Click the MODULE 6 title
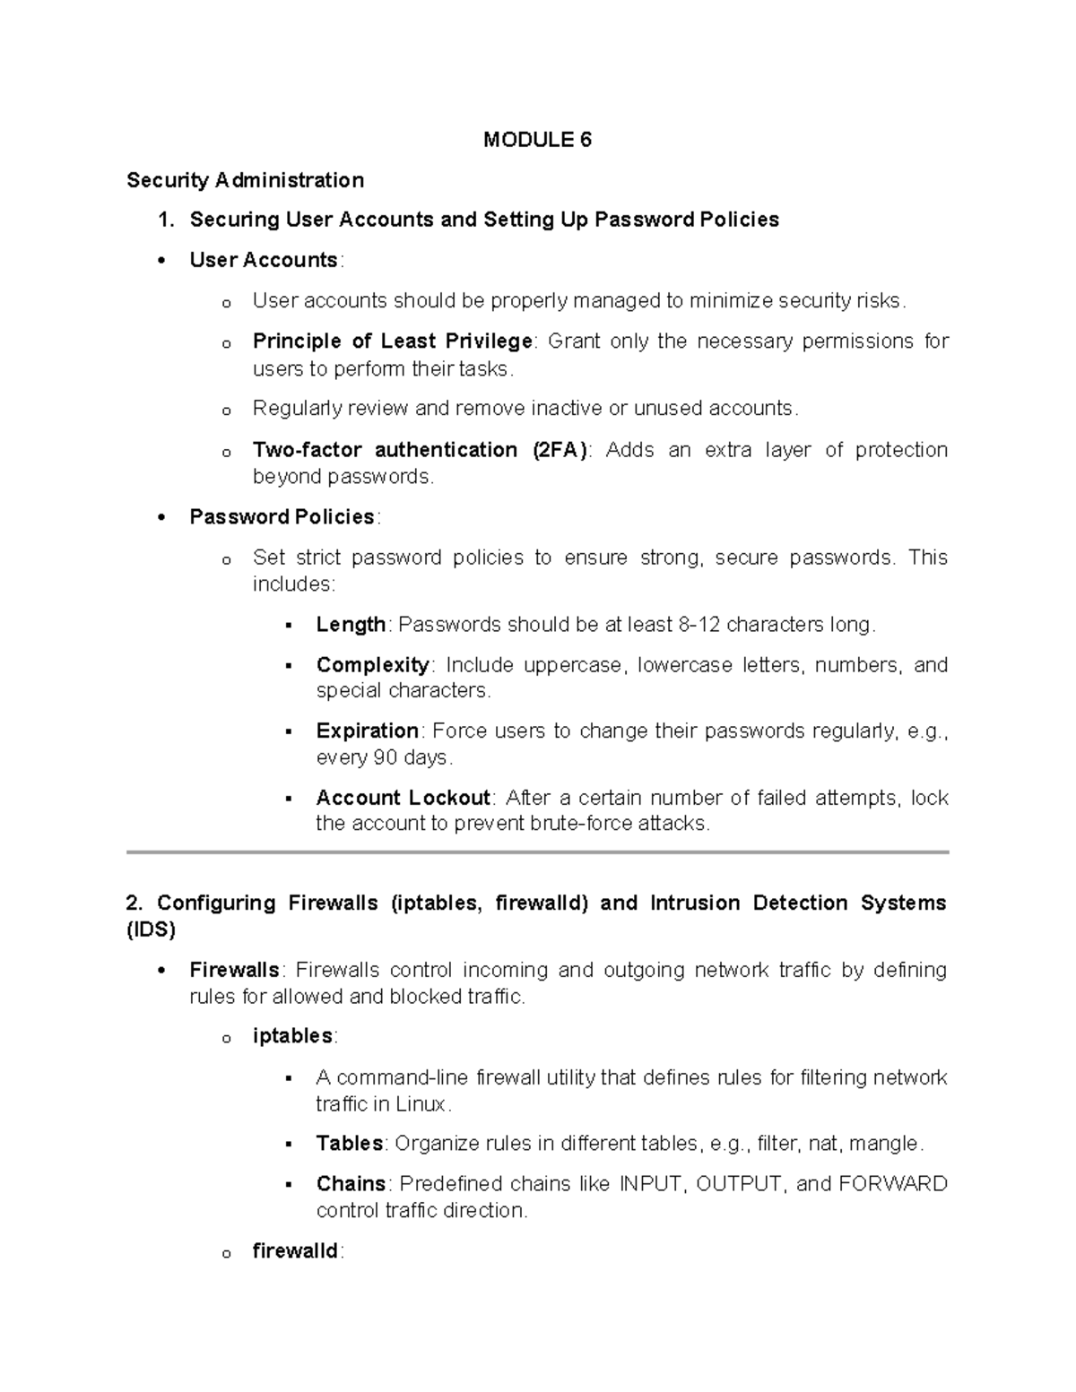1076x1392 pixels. tap(537, 140)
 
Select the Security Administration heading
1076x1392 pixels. tap(245, 180)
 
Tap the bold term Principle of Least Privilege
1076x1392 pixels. tap(392, 342)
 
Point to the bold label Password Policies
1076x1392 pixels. tap(282, 517)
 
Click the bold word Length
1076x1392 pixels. tap(351, 625)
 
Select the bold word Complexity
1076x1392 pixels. tap(372, 665)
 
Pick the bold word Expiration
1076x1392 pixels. tap(367, 731)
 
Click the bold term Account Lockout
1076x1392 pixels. tap(403, 798)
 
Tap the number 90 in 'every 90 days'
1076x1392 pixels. tap(385, 758)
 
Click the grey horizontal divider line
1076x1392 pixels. tap(537, 852)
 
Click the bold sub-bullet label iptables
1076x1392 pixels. tap(292, 1036)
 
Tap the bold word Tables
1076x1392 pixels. tap(349, 1144)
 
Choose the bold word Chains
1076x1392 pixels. tap(351, 1184)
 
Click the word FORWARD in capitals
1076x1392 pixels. tap(892, 1184)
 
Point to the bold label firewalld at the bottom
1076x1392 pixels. tap(295, 1251)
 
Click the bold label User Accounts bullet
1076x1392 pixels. tap(263, 261)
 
